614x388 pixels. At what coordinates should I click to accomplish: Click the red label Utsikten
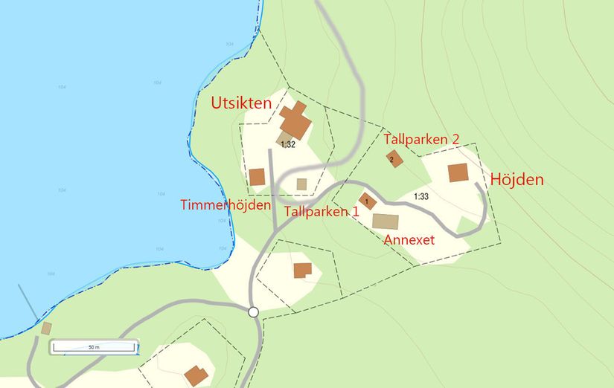(241, 103)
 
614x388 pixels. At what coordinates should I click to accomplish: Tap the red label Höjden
(517, 179)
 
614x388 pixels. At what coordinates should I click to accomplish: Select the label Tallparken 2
(421, 139)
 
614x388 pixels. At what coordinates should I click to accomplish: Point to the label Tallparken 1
(322, 211)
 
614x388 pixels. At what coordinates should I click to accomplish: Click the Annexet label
(409, 240)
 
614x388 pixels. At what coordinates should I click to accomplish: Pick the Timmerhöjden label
(226, 204)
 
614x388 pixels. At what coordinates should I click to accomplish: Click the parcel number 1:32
(288, 144)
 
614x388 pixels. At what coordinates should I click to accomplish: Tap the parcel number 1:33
(420, 196)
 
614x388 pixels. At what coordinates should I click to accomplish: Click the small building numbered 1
(367, 201)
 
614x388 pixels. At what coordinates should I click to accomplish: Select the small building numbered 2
(394, 158)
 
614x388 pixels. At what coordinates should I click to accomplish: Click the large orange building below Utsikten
(295, 120)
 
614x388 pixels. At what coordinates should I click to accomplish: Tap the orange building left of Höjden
(458, 172)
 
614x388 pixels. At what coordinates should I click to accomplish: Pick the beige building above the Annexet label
(386, 221)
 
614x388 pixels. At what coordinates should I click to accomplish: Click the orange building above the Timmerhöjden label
(257, 176)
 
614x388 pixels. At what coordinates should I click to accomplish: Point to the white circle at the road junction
(253, 312)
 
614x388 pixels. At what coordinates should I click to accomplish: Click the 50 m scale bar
(93, 347)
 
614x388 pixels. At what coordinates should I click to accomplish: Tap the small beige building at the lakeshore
(47, 328)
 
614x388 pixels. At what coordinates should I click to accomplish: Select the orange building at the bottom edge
(196, 375)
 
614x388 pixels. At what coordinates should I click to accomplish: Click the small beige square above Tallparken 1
(301, 184)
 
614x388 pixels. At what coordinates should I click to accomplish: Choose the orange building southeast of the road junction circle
(302, 270)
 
